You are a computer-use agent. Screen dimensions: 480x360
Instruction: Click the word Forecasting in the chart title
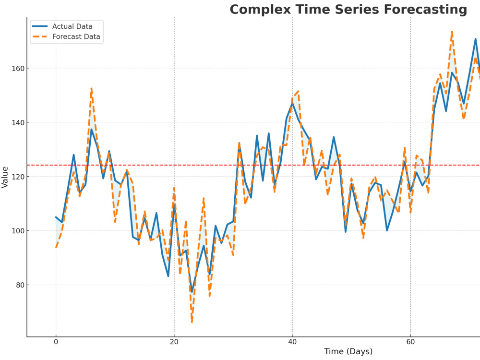(425, 10)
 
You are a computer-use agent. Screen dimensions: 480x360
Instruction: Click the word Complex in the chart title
(261, 10)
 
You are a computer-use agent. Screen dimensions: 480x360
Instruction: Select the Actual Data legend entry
(62, 26)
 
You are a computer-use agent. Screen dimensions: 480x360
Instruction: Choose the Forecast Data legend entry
(66, 37)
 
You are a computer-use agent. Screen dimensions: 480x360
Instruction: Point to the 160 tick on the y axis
(18, 69)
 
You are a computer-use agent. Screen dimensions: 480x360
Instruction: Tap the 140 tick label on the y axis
(18, 123)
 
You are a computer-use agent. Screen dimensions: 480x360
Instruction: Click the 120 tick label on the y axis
(18, 177)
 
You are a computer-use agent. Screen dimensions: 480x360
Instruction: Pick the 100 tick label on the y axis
(18, 231)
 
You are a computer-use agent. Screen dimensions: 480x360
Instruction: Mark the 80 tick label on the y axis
(20, 285)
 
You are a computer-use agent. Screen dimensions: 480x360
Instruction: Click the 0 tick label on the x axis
(56, 342)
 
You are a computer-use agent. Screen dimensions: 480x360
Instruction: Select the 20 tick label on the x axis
(174, 342)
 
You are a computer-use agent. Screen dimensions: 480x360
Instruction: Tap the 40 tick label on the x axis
(292, 342)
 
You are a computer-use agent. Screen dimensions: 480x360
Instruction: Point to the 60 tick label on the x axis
(410, 342)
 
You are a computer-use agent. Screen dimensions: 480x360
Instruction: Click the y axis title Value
(5, 177)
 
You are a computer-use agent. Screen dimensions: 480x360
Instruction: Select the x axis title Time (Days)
(348, 351)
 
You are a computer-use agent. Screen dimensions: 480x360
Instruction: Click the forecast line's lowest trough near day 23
(192, 322)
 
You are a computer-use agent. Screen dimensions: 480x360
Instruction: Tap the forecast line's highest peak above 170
(452, 32)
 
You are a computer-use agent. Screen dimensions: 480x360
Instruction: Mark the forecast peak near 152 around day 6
(91, 88)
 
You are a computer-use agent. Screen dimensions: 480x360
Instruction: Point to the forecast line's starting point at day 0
(56, 247)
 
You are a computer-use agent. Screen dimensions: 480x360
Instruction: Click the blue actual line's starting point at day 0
(56, 217)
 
